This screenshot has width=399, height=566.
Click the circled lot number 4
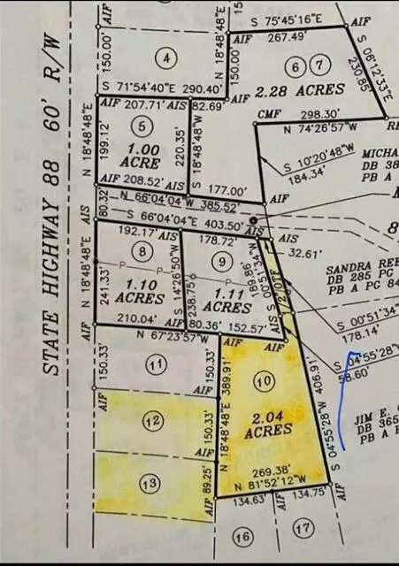click(165, 58)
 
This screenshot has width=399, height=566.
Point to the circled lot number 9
click(221, 261)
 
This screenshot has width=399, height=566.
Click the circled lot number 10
click(260, 380)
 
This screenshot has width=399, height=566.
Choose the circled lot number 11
click(156, 363)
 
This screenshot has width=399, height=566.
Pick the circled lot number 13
click(150, 482)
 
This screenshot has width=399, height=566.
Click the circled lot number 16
click(242, 536)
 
